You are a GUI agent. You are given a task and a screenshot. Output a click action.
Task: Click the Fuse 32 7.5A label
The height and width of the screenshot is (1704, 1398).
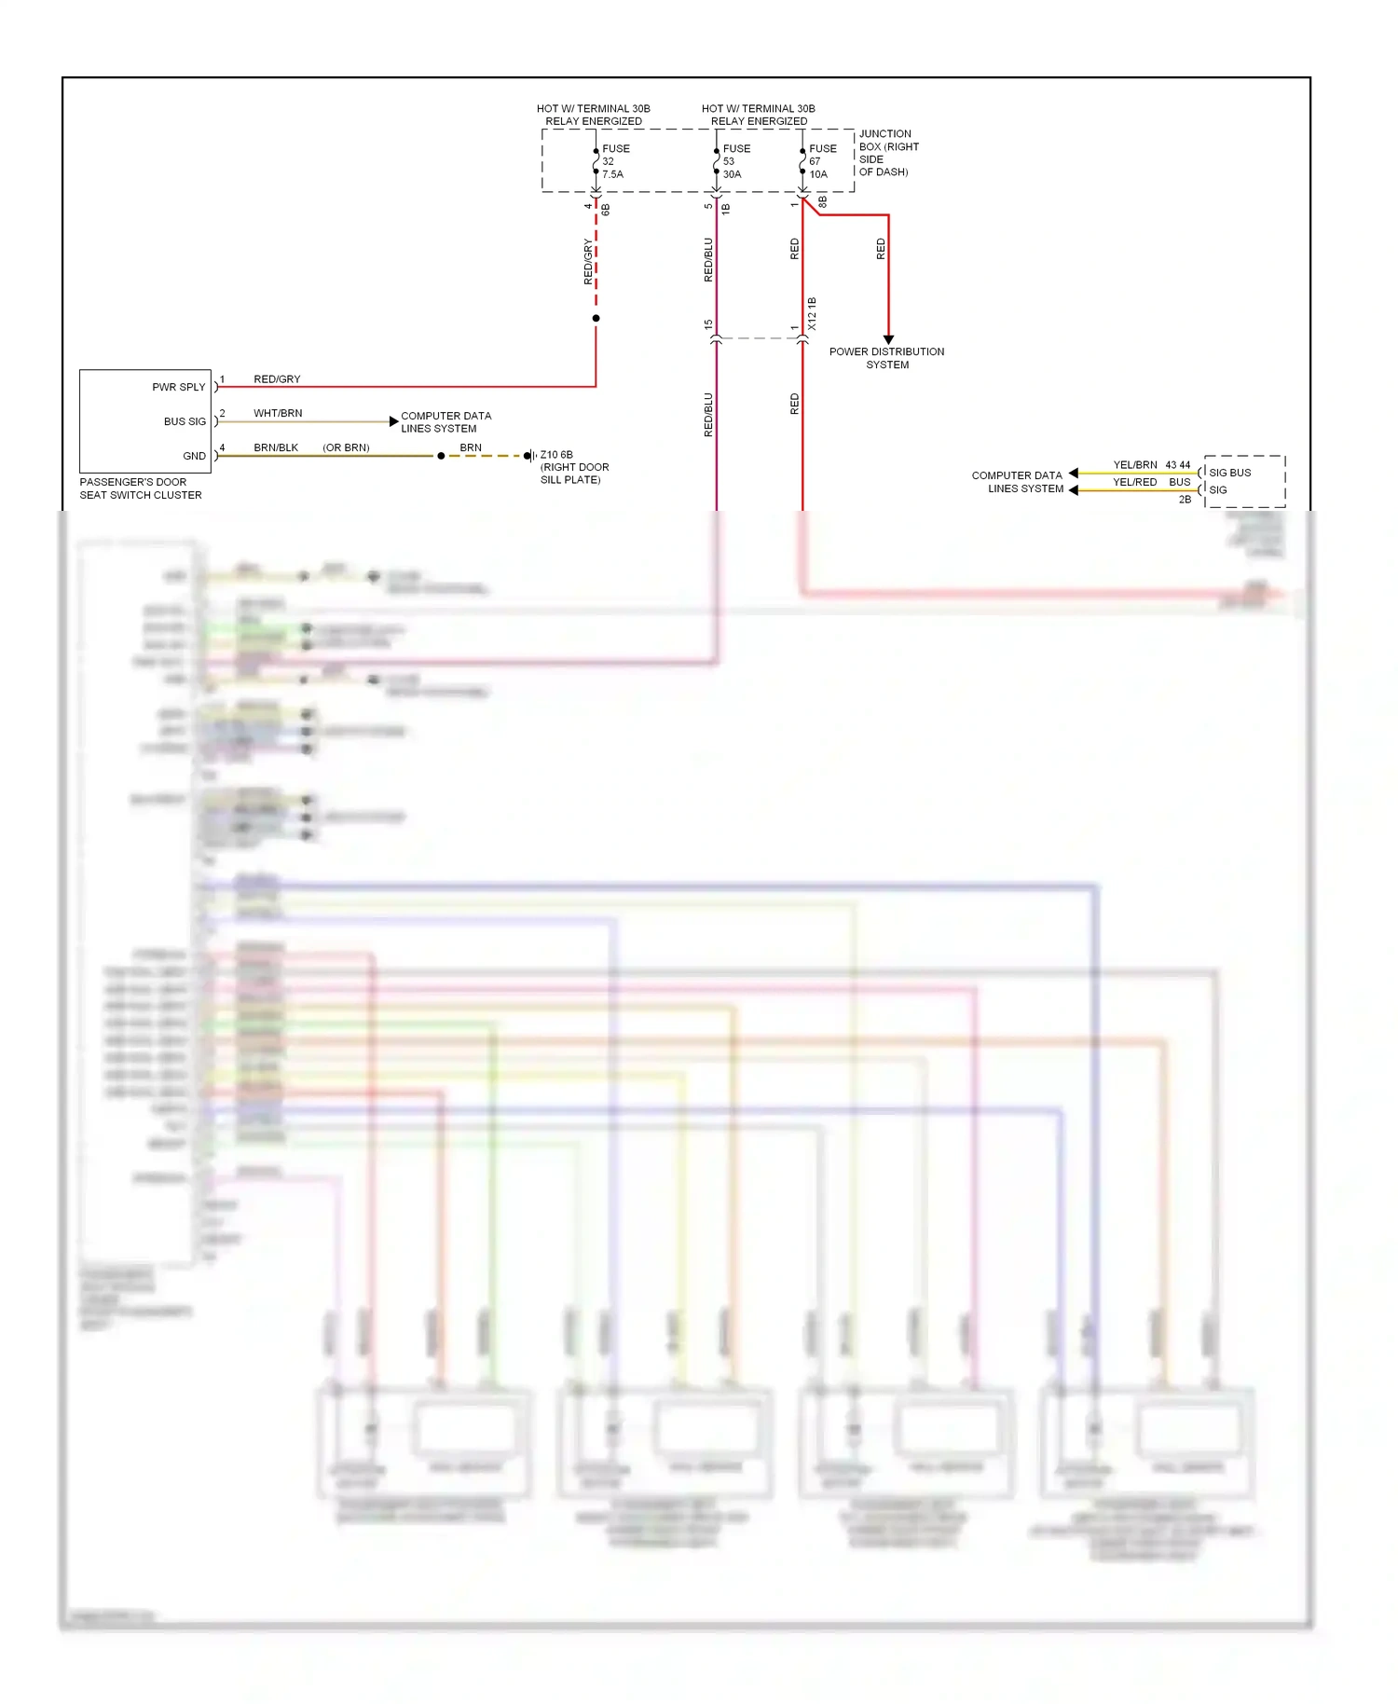click(615, 161)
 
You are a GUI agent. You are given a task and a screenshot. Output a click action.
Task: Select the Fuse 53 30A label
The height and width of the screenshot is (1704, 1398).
click(735, 161)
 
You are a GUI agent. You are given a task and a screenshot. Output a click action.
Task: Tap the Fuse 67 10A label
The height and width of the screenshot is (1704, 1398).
click(822, 161)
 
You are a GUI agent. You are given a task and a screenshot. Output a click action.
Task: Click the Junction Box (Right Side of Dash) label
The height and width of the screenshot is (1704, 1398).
click(887, 153)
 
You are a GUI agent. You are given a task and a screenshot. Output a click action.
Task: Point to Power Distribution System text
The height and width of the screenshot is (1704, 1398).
click(886, 358)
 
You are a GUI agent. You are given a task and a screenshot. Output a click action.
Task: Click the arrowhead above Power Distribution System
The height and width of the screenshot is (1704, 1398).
click(888, 339)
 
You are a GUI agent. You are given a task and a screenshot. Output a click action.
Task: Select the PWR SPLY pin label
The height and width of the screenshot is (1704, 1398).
click(178, 387)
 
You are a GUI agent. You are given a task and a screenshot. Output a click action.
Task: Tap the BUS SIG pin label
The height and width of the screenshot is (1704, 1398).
click(185, 421)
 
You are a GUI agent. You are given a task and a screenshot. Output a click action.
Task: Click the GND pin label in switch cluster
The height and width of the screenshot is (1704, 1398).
click(194, 456)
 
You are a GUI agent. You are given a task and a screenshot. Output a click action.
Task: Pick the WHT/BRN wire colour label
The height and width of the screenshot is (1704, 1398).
click(278, 413)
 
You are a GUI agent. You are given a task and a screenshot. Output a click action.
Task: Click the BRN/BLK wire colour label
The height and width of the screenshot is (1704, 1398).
click(276, 447)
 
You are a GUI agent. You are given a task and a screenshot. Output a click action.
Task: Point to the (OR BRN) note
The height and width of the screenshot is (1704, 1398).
click(346, 447)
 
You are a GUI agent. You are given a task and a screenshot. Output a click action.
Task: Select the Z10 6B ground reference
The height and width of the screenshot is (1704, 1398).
click(556, 455)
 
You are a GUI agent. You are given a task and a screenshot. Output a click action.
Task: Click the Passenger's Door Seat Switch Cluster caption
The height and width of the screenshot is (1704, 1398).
click(140, 488)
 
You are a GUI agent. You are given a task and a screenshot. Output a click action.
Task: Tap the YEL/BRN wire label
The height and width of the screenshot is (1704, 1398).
click(1134, 464)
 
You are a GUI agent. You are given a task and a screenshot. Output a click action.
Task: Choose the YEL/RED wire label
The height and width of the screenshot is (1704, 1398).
click(1134, 482)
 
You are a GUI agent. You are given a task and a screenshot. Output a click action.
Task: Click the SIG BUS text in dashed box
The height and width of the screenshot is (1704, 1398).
click(1229, 473)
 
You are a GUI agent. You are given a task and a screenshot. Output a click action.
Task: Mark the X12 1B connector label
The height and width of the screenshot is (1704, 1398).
click(812, 314)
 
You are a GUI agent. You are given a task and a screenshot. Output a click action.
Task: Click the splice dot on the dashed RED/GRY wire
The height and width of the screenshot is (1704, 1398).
click(596, 319)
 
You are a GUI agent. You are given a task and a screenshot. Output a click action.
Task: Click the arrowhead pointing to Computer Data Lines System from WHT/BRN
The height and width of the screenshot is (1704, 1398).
click(393, 421)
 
